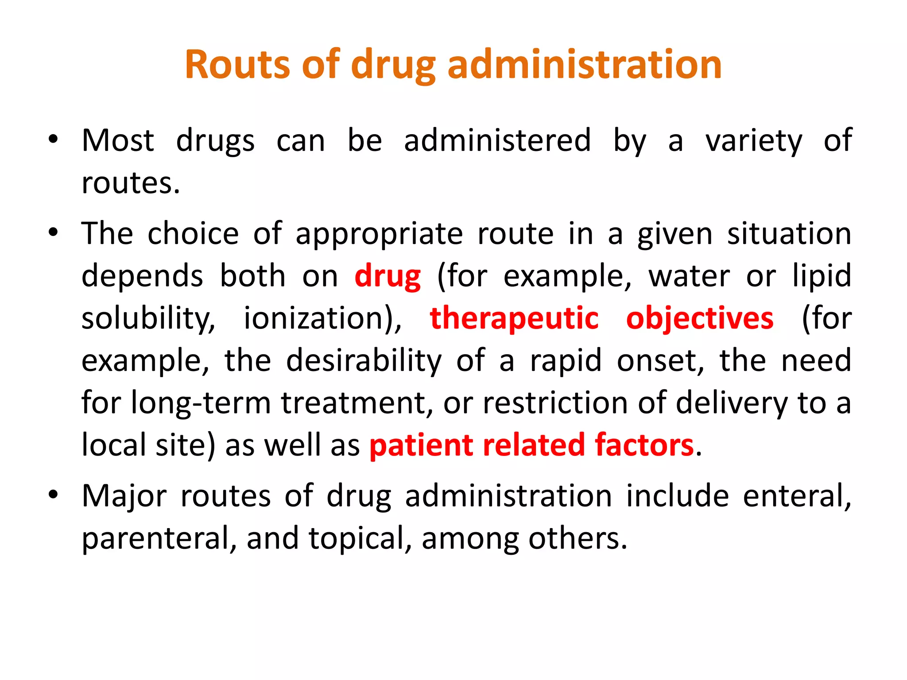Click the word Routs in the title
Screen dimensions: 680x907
(237, 65)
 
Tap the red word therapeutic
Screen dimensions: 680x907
(514, 318)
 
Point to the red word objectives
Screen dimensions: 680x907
(699, 318)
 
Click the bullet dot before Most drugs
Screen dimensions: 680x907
(53, 140)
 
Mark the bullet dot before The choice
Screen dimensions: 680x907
(53, 233)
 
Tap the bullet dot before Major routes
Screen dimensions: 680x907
(53, 495)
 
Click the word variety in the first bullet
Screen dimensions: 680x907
(754, 141)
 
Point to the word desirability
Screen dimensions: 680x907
(364, 361)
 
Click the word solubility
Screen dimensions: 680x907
(148, 318)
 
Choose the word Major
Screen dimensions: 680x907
(124, 497)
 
